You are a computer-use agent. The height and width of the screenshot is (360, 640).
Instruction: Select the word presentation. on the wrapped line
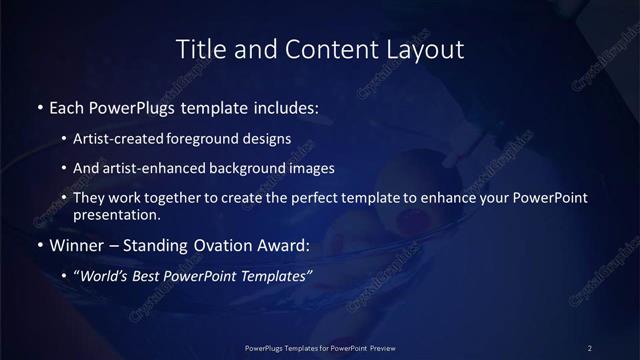coord(116,214)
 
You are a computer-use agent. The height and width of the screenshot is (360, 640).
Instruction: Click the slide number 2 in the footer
coord(590,348)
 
